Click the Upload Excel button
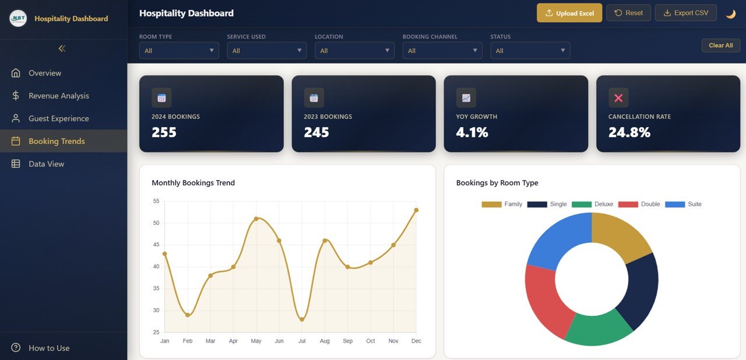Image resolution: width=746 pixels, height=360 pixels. [x=569, y=13]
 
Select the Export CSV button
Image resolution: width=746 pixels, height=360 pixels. [x=685, y=13]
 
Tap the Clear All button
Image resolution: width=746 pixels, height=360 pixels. [x=720, y=45]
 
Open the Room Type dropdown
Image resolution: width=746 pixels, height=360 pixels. [x=179, y=51]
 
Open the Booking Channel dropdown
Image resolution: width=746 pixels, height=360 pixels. [x=442, y=51]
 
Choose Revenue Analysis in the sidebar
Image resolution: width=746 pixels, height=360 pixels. [x=58, y=96]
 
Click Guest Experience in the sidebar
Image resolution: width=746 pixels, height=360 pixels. [x=58, y=118]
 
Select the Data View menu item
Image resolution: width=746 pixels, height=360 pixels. [x=46, y=164]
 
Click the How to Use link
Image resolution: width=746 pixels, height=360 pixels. [x=49, y=348]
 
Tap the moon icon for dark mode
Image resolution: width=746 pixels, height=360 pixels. [x=730, y=13]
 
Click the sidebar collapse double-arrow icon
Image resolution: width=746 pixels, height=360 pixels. [x=62, y=48]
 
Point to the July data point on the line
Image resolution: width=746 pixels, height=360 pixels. [x=302, y=319]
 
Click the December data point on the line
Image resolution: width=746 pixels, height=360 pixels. [x=416, y=210]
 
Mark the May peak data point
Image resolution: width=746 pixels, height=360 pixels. [x=256, y=218]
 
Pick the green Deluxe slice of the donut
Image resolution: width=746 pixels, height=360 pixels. [x=597, y=329]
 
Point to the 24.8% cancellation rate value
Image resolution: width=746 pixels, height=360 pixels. [x=629, y=132]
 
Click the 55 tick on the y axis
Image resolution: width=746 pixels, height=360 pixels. [x=156, y=201]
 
